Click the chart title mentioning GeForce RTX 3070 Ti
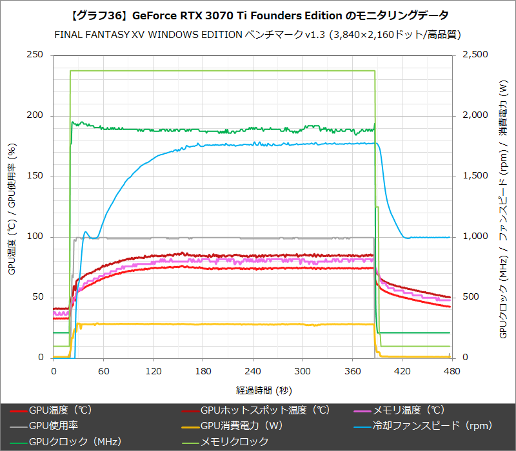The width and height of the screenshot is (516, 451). pyautogui.click(x=258, y=14)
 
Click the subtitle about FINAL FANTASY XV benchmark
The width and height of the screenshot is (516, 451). pyautogui.click(x=258, y=34)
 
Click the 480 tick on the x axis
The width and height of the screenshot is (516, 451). pyautogui.click(x=452, y=371)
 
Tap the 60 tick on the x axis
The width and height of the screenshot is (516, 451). pyautogui.click(x=103, y=371)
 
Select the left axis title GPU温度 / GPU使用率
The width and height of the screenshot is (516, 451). pyautogui.click(x=12, y=207)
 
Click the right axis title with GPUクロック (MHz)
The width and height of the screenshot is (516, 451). pyautogui.click(x=504, y=207)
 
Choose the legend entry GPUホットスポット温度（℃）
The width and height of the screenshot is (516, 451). pyautogui.click(x=264, y=410)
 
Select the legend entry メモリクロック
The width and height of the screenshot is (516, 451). pyautogui.click(x=234, y=441)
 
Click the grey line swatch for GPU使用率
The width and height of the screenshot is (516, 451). pyautogui.click(x=18, y=426)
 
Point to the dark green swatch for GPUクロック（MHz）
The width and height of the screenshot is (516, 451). pyautogui.click(x=18, y=442)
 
